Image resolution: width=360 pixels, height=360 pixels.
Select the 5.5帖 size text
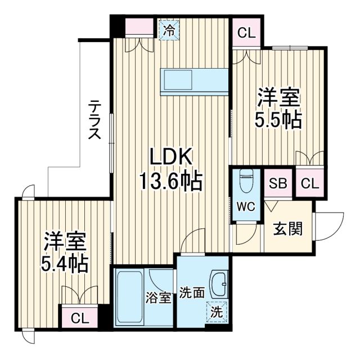(278, 119)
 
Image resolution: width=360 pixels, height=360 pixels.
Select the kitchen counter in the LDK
(194, 80)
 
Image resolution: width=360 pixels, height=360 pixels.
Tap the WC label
(246, 206)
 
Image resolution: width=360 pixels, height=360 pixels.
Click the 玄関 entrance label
(288, 229)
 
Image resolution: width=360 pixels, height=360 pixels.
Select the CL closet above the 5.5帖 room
(246, 33)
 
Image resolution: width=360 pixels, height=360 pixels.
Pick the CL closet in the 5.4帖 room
(79, 318)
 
